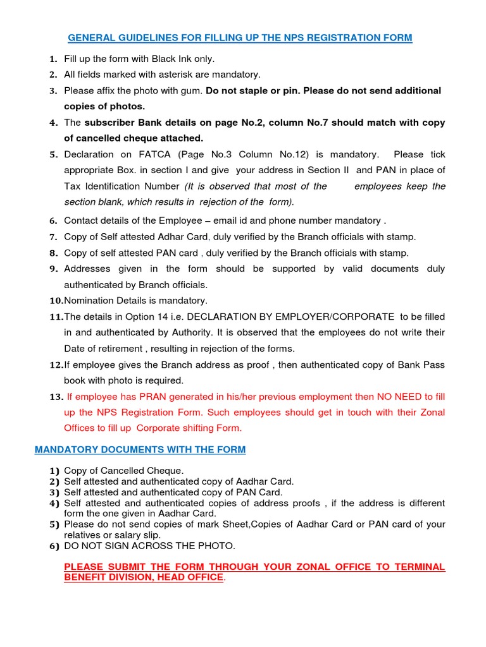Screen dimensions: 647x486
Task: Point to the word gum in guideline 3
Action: [x=194, y=90]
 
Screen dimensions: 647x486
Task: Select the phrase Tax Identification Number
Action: [x=122, y=186]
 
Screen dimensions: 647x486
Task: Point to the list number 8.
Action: [x=54, y=253]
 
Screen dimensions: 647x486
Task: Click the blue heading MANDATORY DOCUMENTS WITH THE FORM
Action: [x=140, y=450]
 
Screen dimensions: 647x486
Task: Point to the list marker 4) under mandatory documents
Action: [x=54, y=504]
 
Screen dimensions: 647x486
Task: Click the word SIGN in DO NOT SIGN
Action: [x=119, y=546]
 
